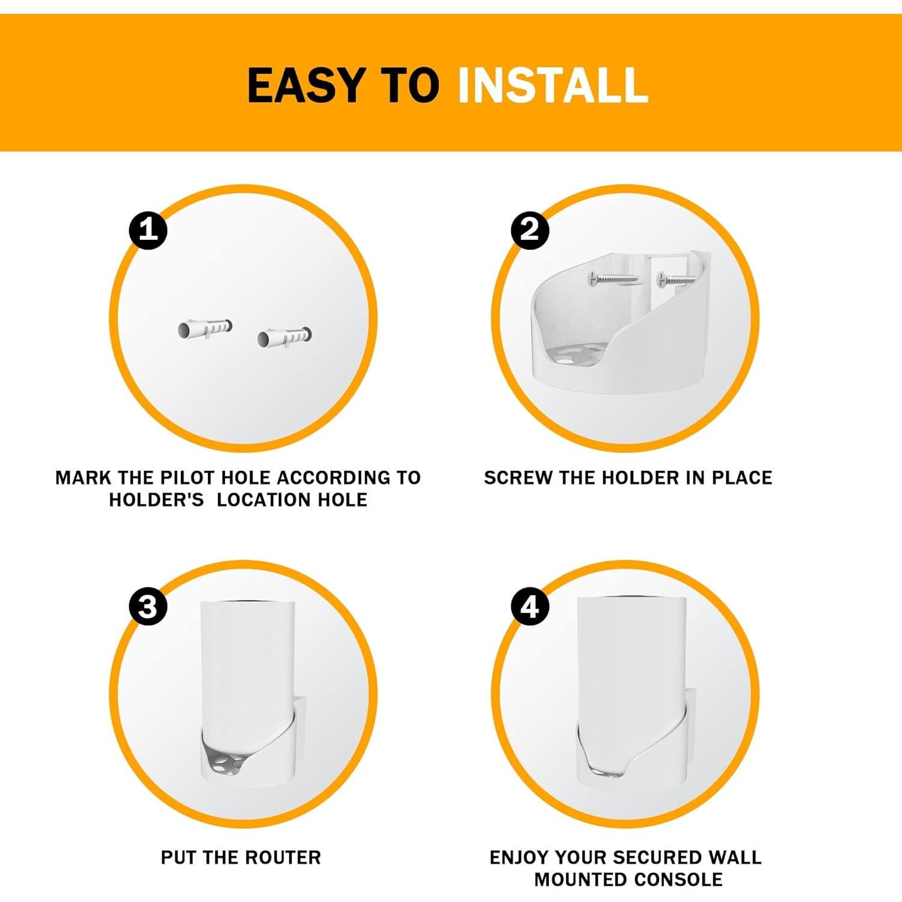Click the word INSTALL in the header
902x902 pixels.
point(553,85)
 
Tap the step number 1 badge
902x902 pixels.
point(148,230)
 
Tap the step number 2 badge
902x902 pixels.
point(529,230)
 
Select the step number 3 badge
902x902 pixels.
point(148,606)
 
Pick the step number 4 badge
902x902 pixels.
point(529,606)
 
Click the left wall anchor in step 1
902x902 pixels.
point(205,328)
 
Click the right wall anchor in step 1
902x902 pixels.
point(284,337)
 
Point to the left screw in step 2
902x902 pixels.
point(613,278)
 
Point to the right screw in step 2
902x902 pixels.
point(678,279)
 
